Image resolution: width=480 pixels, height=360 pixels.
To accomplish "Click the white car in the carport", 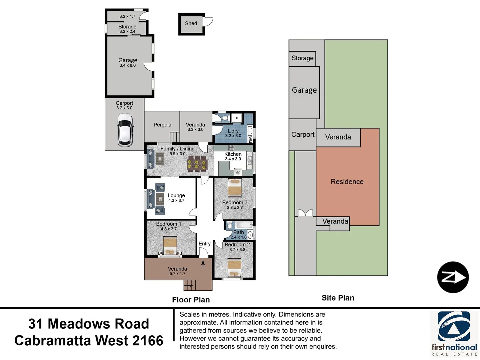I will click(125, 130).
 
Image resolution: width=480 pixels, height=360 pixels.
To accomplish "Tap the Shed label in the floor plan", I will click(191, 23).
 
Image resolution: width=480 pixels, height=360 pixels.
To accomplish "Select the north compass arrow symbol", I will click(453, 277).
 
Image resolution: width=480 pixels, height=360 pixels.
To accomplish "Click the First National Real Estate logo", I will click(454, 333).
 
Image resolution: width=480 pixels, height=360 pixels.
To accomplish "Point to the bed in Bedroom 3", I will click(235, 188).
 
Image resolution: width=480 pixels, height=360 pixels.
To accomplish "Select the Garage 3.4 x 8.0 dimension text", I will click(128, 65).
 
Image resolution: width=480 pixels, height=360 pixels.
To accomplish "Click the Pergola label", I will click(162, 125).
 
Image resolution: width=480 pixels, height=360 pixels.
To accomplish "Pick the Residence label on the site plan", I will click(347, 182).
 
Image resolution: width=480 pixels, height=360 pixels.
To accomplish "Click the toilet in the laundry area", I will click(225, 118).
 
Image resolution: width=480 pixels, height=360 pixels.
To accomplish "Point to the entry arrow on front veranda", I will click(203, 265).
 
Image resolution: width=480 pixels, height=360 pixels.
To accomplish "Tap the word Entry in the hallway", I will click(204, 244).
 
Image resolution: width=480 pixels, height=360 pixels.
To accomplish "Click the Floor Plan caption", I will click(191, 300).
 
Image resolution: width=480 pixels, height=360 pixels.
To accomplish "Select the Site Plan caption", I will click(338, 298).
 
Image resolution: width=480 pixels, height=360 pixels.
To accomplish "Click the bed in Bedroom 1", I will click(170, 246).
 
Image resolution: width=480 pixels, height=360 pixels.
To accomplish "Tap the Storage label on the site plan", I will click(302, 58).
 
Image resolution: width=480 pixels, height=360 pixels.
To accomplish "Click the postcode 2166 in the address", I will click(148, 341).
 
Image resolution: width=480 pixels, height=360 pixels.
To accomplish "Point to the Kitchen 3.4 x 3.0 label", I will click(233, 156).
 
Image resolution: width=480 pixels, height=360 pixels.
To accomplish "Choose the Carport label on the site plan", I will click(303, 134).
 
